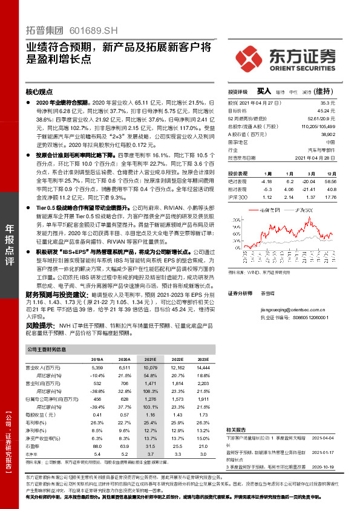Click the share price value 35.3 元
329,103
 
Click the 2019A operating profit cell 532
97,383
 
